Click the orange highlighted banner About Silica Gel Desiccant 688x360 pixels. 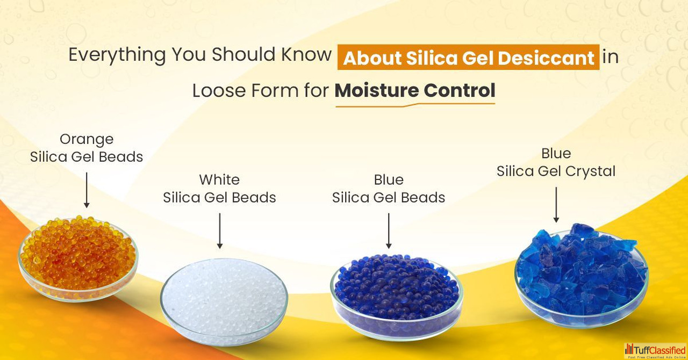468,57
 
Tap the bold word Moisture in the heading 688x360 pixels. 377,90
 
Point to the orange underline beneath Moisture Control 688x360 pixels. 415,105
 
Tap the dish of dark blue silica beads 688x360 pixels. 397,297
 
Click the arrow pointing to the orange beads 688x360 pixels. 87,190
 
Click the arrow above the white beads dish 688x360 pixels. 220,231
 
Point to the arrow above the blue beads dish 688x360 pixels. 389,231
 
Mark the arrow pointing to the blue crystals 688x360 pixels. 556,205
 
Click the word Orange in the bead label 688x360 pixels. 87,140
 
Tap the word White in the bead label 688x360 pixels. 219,179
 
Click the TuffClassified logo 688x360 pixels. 655,351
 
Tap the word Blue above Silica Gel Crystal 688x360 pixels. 556,153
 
